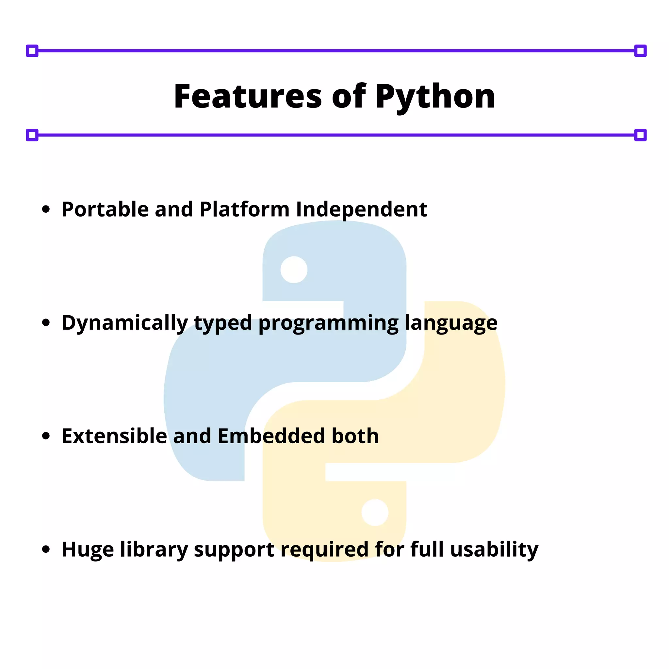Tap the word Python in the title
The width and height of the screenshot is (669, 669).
click(435, 97)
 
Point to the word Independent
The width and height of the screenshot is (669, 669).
click(362, 210)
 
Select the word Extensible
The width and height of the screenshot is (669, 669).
click(114, 436)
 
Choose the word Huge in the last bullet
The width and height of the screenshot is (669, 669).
click(88, 549)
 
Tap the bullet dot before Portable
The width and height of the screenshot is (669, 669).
click(46, 209)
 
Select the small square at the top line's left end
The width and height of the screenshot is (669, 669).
click(32, 51)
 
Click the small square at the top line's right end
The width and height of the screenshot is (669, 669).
click(640, 51)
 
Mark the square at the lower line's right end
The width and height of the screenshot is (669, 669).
click(640, 135)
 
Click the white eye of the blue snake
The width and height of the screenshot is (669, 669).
click(294, 270)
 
